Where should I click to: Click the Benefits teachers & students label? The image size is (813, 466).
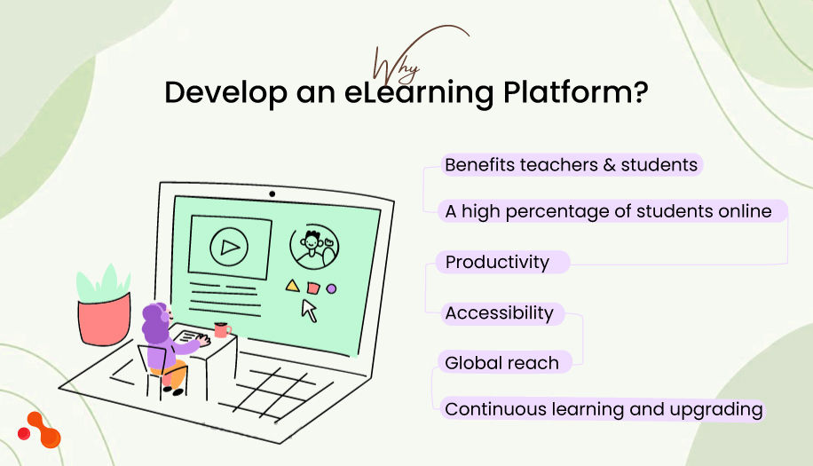(572, 165)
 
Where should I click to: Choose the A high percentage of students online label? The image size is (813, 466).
(608, 211)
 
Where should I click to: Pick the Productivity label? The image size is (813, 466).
(497, 262)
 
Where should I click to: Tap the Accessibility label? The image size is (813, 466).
(499, 312)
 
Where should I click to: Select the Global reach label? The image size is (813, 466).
(501, 362)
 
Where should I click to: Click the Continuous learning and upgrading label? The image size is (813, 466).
(604, 409)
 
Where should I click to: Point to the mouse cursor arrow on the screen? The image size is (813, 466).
(309, 310)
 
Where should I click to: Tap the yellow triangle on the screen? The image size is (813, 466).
(290, 286)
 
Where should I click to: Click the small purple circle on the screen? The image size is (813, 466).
(331, 288)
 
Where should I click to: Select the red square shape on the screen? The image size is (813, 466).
(312, 287)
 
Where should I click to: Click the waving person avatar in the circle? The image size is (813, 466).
(314, 244)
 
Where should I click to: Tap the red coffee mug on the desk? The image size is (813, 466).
(221, 330)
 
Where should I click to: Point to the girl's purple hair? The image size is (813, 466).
(154, 325)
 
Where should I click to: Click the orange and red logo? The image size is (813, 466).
(40, 430)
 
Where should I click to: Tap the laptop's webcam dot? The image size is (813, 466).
(272, 194)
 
